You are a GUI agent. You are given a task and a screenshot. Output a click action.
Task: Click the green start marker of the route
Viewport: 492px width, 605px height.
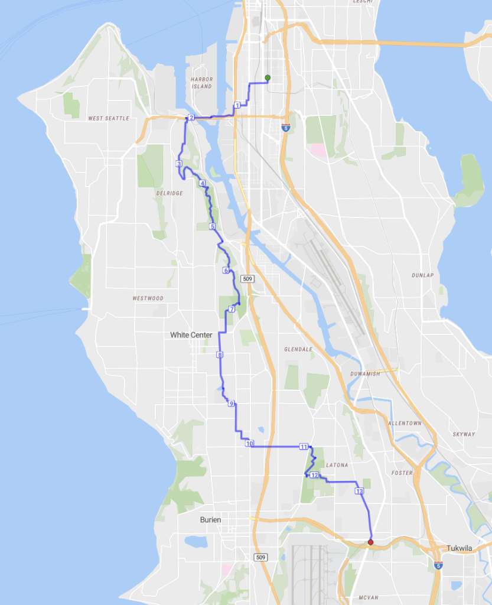(268, 78)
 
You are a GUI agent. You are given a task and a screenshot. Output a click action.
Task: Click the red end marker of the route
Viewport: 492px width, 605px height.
(370, 542)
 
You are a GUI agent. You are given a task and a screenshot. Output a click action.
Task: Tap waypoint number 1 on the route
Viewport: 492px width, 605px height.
(237, 105)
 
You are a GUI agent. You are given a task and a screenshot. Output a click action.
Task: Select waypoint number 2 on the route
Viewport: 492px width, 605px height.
(191, 118)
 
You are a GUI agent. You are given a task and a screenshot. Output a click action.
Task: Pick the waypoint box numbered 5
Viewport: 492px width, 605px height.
(212, 227)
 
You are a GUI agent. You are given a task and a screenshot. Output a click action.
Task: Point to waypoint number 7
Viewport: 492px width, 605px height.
(232, 309)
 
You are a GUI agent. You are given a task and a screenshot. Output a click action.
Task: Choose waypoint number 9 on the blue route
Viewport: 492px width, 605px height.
(232, 404)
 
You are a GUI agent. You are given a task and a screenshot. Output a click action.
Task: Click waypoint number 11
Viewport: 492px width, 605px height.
(304, 447)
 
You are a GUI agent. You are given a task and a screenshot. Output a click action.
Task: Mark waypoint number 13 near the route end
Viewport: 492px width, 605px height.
(359, 491)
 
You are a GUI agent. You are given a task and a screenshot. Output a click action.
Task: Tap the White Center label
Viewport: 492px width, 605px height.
(191, 335)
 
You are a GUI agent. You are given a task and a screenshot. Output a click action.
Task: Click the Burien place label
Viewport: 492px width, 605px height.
(210, 520)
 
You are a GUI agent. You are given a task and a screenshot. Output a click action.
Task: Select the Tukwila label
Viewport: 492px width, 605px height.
(459, 548)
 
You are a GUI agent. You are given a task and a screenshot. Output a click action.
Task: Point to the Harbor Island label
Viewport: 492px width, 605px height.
(201, 83)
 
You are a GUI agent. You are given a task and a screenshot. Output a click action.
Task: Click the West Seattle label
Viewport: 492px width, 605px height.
(109, 118)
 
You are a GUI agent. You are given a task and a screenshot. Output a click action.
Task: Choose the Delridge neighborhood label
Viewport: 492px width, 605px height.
(170, 193)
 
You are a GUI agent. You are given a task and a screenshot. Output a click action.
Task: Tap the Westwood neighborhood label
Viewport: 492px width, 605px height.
(148, 298)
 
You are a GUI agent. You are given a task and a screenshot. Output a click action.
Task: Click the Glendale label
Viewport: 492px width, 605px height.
(298, 349)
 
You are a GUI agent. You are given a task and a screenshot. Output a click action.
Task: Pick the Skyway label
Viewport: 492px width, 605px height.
(464, 434)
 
